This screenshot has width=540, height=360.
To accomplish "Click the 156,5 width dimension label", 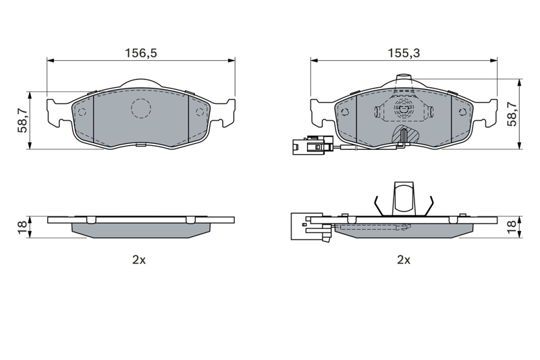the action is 141,53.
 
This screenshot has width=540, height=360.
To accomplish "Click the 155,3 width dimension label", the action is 404,53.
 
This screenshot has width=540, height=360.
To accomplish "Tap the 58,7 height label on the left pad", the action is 24,120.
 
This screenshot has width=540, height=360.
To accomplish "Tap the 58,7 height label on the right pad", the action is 512,114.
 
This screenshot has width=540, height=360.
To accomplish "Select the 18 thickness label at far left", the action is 23,227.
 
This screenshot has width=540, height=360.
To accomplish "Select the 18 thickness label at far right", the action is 512,228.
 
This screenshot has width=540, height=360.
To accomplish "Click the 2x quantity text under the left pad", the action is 139,260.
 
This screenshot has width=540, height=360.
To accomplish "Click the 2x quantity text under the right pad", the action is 404,260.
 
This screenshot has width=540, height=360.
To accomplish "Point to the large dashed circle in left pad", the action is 141,109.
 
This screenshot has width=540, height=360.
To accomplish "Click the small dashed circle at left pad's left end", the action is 82,112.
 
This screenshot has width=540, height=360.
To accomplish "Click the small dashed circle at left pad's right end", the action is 199,112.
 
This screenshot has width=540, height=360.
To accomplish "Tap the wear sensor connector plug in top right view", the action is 313,145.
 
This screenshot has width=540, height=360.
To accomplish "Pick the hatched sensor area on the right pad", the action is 406,134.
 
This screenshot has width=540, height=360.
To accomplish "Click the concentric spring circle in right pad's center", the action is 404,109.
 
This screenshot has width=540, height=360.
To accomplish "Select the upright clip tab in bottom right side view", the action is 403,199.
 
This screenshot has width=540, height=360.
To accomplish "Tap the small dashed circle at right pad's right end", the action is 463,112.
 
